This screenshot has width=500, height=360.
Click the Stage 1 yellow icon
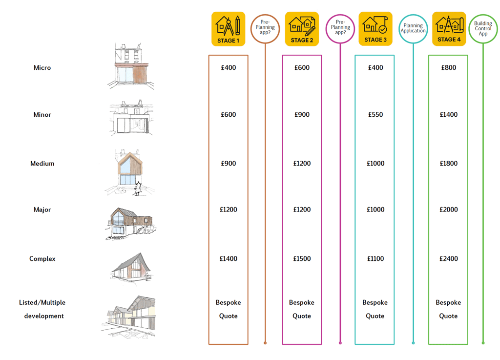point(228,29)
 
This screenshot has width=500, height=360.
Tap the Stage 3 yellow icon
point(375,29)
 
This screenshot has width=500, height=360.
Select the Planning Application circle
point(413,28)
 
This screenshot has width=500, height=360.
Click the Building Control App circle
point(483,28)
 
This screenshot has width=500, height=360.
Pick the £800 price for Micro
point(448,67)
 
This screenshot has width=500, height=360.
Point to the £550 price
point(375,114)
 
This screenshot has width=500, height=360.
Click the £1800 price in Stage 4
point(448,163)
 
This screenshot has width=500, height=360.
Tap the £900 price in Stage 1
point(228,163)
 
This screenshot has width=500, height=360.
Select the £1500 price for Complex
point(302,258)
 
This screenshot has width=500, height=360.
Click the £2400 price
point(448,258)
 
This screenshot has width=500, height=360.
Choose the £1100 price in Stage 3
point(375,258)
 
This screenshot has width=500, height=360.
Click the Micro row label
point(42,67)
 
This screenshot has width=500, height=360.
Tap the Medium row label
point(42,163)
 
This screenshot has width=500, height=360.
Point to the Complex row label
point(42,258)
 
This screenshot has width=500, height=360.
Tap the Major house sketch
point(131,223)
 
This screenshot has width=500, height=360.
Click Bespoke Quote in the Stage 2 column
point(302,309)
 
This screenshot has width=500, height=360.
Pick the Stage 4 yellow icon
point(449,29)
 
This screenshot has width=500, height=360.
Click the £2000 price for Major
point(448,210)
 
